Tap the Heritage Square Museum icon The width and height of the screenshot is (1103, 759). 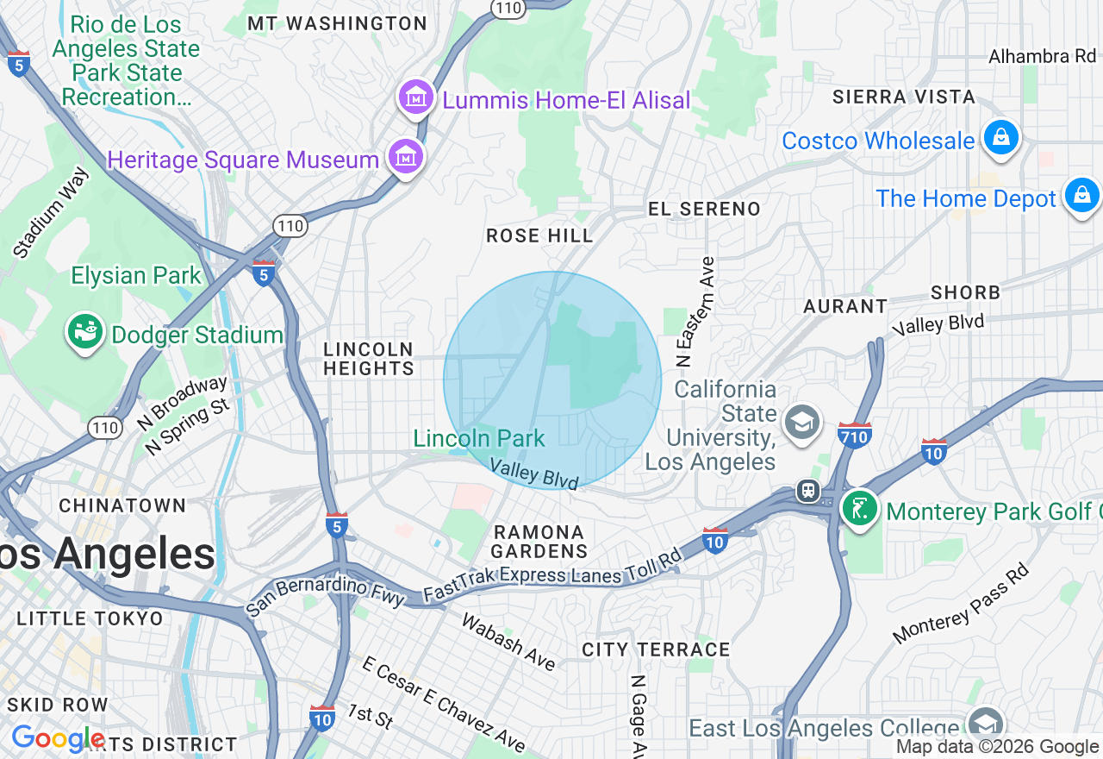pyautogui.click(x=405, y=158)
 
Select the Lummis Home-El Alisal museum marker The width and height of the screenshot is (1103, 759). pyautogui.click(x=417, y=98)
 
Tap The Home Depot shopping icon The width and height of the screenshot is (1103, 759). pyautogui.click(x=1081, y=197)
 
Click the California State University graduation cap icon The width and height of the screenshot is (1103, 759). pyautogui.click(x=802, y=423)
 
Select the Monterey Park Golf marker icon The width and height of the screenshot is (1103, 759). pyautogui.click(x=859, y=510)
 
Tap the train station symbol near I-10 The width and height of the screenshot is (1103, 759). pyautogui.click(x=808, y=491)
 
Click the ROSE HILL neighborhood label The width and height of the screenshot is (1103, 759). pyautogui.click(x=539, y=235)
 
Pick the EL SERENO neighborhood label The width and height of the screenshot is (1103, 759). pyautogui.click(x=704, y=209)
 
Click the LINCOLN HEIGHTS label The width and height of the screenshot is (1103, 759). pyautogui.click(x=369, y=359)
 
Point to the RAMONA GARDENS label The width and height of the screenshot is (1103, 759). pyautogui.click(x=539, y=542)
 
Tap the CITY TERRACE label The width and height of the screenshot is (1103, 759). pyautogui.click(x=656, y=649)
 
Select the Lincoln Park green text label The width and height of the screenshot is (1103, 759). pyautogui.click(x=479, y=438)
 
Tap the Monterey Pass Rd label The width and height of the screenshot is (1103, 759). pyautogui.click(x=960, y=604)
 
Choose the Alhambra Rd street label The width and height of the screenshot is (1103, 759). pyautogui.click(x=1041, y=57)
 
